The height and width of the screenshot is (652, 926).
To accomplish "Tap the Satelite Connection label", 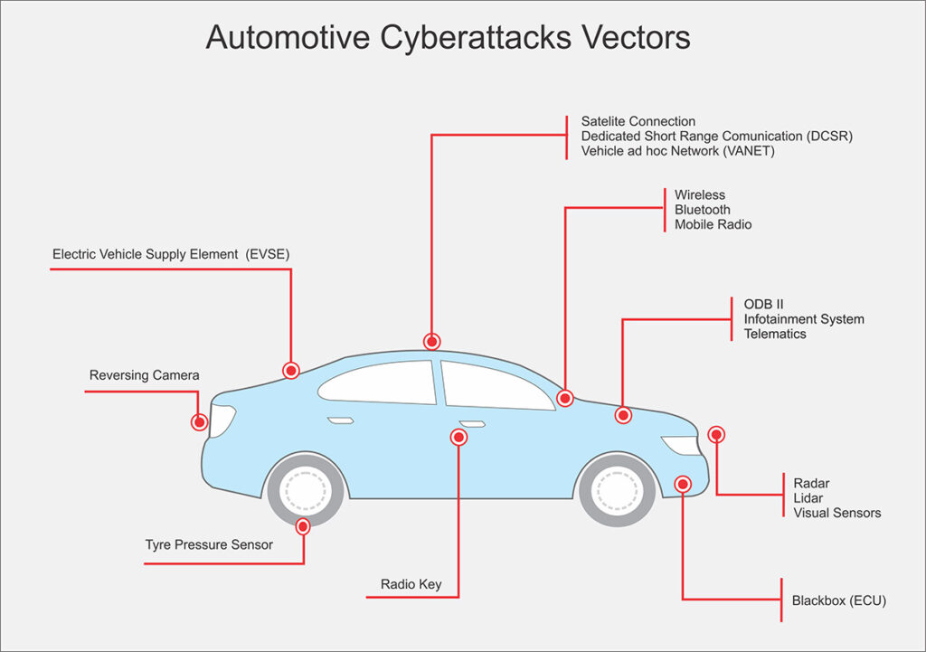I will (638, 121).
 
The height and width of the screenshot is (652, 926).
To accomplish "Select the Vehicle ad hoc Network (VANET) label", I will (677, 151).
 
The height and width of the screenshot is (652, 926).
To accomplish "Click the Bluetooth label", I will (702, 210).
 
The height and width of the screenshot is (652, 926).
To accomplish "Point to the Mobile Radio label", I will (713, 224).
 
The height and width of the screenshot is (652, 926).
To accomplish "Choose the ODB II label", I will (763, 305).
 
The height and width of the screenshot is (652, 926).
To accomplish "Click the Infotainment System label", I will (803, 319).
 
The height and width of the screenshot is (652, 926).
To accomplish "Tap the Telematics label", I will (775, 334).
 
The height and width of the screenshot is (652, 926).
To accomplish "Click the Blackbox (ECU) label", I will (838, 600).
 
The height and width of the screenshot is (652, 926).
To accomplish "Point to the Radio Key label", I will (411, 584).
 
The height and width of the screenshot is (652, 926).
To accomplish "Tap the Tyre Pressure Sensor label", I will (209, 544).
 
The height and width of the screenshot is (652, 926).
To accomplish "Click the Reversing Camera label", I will (144, 375).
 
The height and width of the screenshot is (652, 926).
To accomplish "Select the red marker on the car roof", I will (431, 341).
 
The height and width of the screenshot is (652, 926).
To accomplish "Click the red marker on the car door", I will (458, 438).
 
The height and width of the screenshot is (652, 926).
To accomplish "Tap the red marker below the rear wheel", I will (303, 525).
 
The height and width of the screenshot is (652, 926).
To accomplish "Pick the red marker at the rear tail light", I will (199, 421).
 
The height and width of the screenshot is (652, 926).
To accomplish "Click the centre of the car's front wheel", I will (618, 490).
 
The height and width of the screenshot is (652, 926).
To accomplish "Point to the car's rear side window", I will (380, 382).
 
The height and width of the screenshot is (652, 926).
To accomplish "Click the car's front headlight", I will (680, 445).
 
